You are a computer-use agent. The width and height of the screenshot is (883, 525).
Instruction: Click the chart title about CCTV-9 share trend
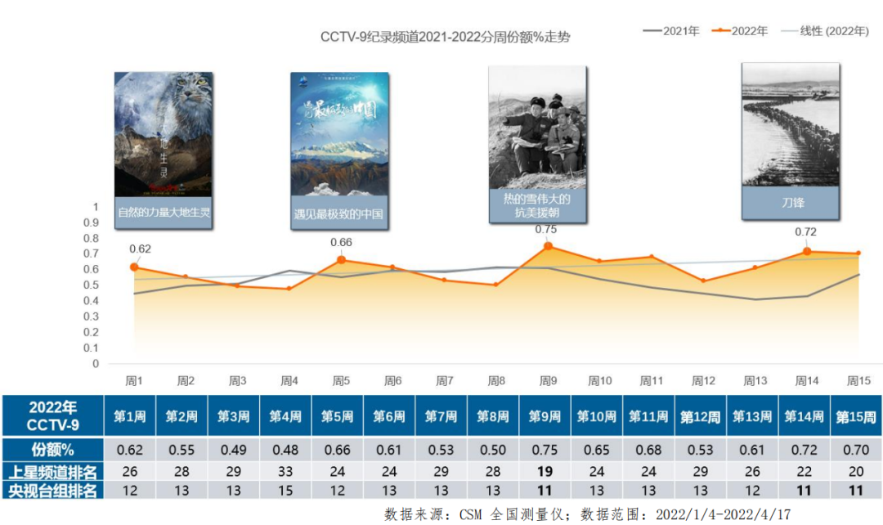(x=445, y=38)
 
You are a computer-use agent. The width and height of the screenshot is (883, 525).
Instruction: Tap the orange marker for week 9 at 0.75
(x=548, y=246)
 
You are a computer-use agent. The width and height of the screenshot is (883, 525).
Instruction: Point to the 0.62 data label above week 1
(x=140, y=249)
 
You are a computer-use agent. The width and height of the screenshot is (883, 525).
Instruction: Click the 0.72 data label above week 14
(x=806, y=232)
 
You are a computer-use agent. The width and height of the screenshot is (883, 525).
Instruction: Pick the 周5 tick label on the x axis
(x=341, y=381)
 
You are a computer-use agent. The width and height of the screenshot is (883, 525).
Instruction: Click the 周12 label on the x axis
(x=703, y=381)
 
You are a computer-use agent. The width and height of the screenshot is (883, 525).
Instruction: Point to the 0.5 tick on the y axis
(x=91, y=285)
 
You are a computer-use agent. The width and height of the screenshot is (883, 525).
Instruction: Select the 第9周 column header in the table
(x=545, y=416)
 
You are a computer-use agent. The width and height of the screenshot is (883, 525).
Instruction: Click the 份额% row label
(x=52, y=450)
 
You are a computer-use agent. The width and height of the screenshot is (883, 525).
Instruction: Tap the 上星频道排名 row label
(x=52, y=472)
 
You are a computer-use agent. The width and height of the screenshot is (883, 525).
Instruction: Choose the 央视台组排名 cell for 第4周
(x=285, y=491)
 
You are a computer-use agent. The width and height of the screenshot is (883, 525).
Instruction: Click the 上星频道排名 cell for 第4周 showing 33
(x=285, y=472)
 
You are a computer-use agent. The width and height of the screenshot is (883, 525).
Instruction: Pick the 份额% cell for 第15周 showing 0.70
(x=855, y=450)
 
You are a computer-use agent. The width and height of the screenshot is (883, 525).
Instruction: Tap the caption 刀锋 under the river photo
(x=790, y=202)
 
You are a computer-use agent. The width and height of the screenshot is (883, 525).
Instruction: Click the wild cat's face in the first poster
(x=189, y=98)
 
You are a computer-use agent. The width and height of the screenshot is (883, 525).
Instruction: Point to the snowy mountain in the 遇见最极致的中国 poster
(x=339, y=150)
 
